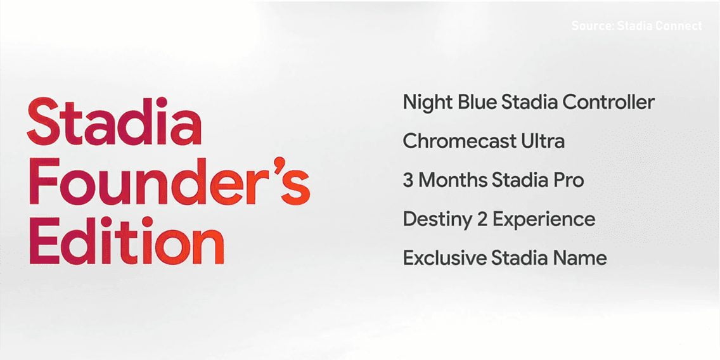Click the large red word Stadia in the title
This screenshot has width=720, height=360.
click(x=114, y=122)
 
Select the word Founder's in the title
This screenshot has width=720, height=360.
click(x=169, y=181)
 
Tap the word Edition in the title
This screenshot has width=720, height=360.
click(x=127, y=240)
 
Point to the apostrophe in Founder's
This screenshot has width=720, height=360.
click(x=280, y=164)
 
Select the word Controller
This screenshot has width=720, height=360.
click(x=609, y=102)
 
